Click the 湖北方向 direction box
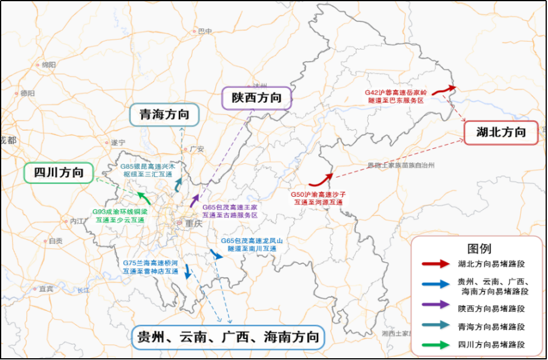click(501, 132)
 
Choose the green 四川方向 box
click(58, 173)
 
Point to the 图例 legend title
click(479, 248)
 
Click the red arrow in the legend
click(435, 264)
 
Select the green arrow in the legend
click(435, 344)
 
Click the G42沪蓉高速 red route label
click(396, 96)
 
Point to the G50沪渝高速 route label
click(318, 198)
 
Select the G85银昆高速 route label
click(147, 170)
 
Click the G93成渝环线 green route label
click(120, 215)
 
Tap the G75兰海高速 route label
click(150, 267)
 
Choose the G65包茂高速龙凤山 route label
click(251, 244)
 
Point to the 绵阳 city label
click(48, 65)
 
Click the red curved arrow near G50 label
click(321, 179)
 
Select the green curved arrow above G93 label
click(144, 198)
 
